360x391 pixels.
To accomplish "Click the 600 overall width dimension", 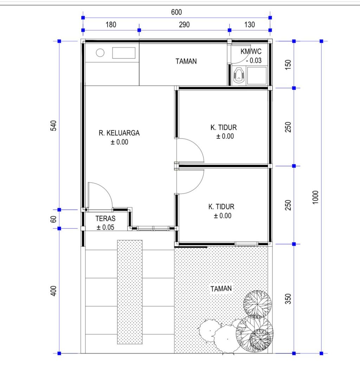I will pos(176,12).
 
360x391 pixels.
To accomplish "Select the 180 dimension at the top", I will pos(110,25).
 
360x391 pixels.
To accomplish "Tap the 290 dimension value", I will pos(184,25).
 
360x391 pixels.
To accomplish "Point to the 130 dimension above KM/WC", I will pos(250,25).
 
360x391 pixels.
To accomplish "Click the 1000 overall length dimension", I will pos(315,197).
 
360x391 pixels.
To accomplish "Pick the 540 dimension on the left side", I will pos(53,126).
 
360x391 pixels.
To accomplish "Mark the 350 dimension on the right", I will pos(288,298).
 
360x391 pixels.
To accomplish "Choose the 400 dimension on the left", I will pos(53,291).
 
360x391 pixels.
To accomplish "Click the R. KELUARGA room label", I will pos(119,133).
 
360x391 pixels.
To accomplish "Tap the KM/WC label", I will pos(251,52).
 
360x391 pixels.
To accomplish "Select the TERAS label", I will pos(105,218).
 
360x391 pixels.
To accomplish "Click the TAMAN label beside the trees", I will pos(221,289).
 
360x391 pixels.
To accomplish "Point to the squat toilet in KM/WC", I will pos(239,76).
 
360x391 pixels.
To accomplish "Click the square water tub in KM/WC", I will pos(257,76).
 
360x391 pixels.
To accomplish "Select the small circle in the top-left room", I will pos(100,53).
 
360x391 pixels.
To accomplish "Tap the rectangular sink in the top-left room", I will pos(124,53).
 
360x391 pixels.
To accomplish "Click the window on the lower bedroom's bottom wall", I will pos(246,244).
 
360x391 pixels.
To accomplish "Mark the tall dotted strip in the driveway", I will pos(130,292).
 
